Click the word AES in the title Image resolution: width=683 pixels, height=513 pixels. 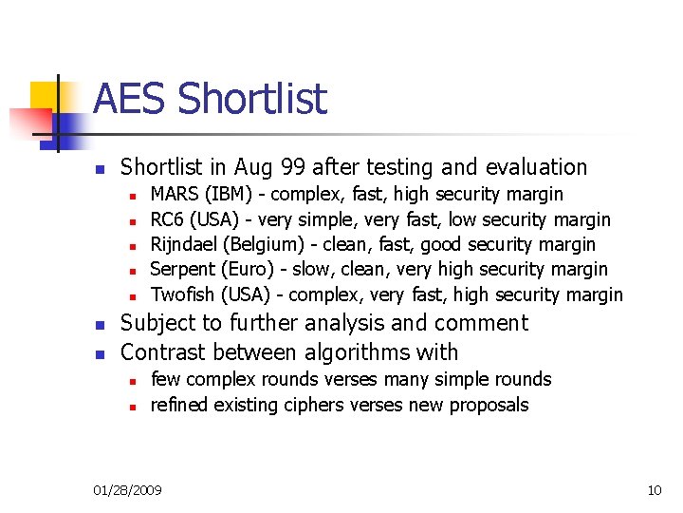[x=130, y=100]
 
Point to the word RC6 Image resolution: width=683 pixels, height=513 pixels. [x=169, y=220]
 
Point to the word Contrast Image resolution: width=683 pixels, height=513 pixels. [x=162, y=352]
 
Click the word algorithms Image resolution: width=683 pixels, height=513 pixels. [x=350, y=352]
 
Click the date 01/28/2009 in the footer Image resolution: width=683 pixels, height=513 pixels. [x=127, y=490]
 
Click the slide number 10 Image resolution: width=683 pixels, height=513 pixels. [x=654, y=490]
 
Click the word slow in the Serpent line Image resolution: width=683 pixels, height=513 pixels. [x=311, y=270]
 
